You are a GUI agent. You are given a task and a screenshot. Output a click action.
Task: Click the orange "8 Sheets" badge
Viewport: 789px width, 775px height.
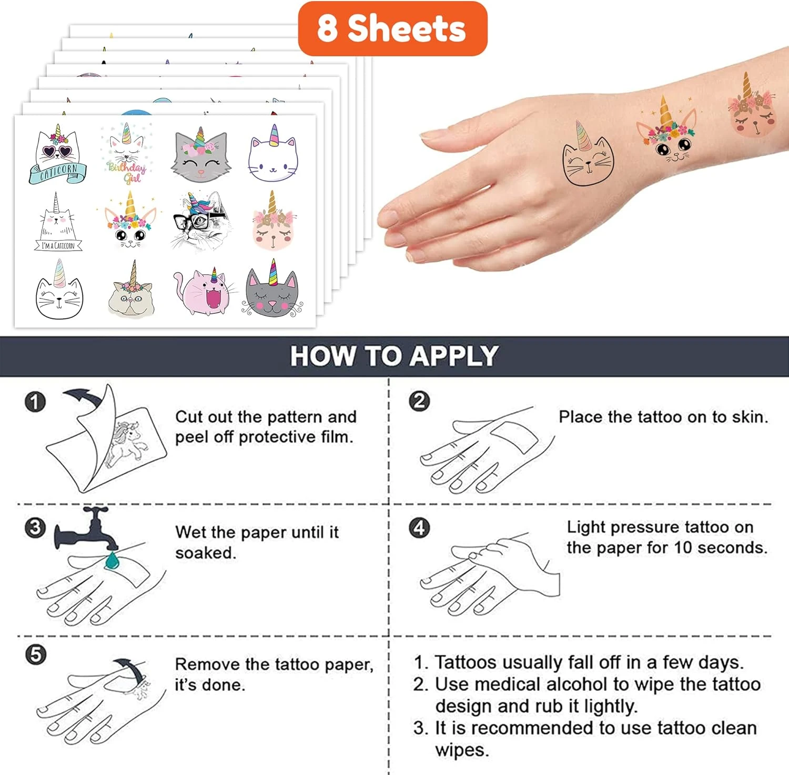[x=392, y=28]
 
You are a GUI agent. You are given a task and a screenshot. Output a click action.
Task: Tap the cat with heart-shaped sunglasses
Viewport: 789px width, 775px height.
[x=57, y=154]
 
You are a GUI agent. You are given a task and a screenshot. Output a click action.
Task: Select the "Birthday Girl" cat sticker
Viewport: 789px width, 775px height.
[x=127, y=153]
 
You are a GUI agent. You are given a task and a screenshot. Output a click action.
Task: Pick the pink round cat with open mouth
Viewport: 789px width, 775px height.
[x=204, y=291]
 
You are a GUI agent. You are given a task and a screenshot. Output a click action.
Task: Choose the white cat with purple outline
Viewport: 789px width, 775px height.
[x=273, y=153]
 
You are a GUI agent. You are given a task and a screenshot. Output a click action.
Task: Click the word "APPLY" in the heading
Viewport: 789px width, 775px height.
[x=454, y=356]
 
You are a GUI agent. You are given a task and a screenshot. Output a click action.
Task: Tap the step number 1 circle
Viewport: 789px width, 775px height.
[x=35, y=402]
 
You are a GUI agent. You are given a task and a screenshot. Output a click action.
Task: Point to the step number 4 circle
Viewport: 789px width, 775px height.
[x=419, y=528]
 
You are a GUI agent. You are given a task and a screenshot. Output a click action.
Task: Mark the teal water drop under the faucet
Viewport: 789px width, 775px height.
[x=112, y=561]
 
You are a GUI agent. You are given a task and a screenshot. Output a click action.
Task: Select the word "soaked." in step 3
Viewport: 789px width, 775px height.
[x=206, y=553]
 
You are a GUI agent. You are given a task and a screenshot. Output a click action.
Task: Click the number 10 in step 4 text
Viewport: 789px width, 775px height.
[x=683, y=548]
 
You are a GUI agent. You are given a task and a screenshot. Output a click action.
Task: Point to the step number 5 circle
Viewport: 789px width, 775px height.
[x=35, y=655]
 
